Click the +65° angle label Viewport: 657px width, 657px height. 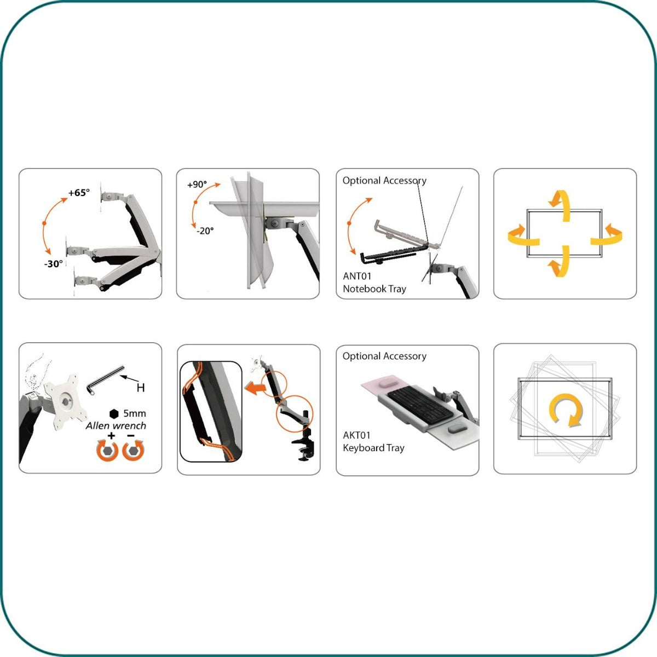pos(79,193)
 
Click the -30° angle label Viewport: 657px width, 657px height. pos(54,263)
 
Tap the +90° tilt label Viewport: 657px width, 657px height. pos(197,185)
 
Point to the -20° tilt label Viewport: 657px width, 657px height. pos(205,230)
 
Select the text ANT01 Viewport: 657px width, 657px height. pos(357,276)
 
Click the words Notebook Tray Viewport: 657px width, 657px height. pos(374,289)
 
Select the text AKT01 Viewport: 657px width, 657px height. pos(356,435)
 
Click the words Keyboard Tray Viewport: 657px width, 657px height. pos(373,448)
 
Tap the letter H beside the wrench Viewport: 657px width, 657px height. pos(141,388)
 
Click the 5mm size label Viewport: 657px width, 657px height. pos(134,413)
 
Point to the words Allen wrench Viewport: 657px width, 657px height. pos(116,425)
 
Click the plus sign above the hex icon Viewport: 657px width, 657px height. pos(111,436)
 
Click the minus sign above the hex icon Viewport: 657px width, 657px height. pos(131,436)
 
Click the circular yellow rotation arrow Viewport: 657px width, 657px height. pos(565,410)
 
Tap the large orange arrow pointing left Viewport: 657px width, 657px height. pos(256,388)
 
